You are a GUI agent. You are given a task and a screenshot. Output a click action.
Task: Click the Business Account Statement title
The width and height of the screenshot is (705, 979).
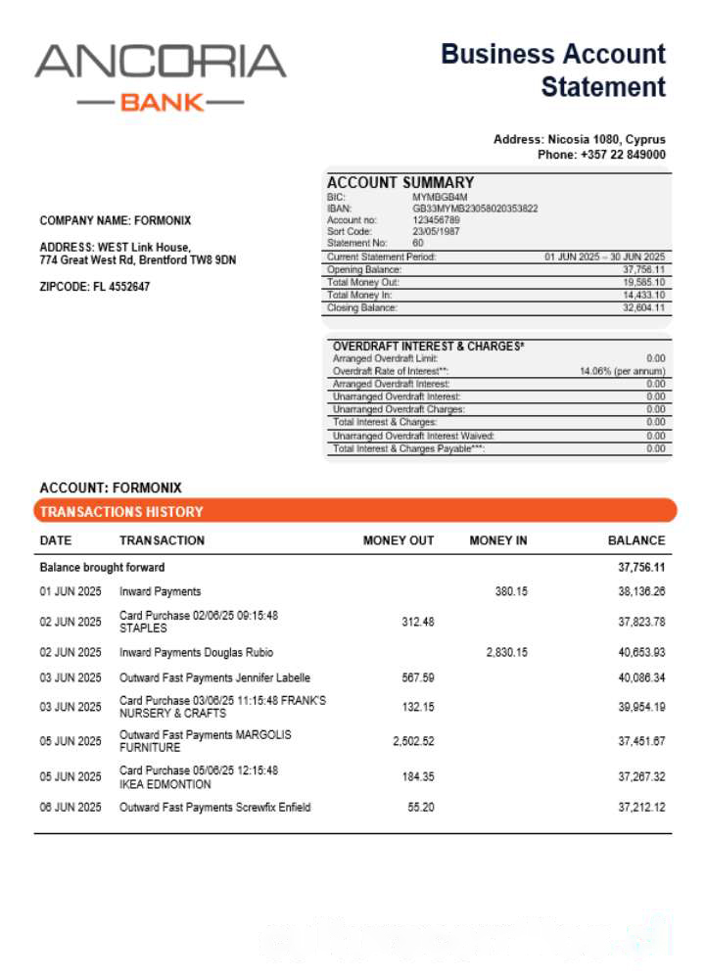[553, 70]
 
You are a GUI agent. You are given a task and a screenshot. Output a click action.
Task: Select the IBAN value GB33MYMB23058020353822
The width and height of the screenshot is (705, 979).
[475, 209]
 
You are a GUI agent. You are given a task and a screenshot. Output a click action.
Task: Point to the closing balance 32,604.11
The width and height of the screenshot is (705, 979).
[643, 307]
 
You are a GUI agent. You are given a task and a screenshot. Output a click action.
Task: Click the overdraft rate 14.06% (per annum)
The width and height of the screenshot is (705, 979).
[623, 372]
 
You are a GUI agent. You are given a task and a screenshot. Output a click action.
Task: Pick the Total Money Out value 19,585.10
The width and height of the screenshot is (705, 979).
[643, 282]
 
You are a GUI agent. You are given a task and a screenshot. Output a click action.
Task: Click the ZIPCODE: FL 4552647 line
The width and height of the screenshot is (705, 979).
[95, 287]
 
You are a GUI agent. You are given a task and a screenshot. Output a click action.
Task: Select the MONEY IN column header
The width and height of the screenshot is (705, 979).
[498, 540]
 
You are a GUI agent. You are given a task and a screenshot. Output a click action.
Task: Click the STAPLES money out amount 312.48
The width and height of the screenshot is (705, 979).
[418, 622]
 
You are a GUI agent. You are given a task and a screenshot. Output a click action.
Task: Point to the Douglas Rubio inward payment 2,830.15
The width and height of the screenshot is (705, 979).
[506, 652]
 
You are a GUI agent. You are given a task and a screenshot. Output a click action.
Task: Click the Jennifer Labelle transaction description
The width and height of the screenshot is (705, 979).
[214, 677]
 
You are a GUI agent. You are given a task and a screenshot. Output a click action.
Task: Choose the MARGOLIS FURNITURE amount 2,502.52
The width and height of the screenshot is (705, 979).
[413, 741]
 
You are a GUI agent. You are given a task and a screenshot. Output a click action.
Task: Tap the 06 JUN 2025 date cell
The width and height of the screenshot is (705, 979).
[70, 808]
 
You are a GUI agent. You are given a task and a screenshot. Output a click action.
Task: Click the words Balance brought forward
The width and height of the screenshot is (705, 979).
[102, 567]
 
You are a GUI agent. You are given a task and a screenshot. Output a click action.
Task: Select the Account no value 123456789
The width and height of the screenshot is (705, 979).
[436, 220]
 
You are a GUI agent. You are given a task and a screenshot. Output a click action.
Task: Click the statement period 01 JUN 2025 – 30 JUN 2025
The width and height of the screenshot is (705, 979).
[604, 256]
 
